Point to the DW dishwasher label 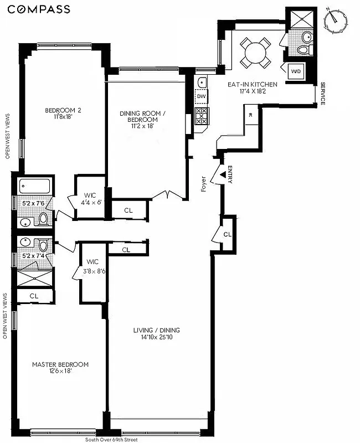(x=202, y=97)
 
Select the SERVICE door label (x=322, y=94)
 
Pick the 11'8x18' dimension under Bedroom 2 (x=63, y=117)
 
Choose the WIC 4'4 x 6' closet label (x=90, y=199)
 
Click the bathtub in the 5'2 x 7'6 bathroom (x=34, y=186)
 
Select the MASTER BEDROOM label (x=60, y=364)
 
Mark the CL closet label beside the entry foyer (x=227, y=235)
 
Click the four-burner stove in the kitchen (x=202, y=117)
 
